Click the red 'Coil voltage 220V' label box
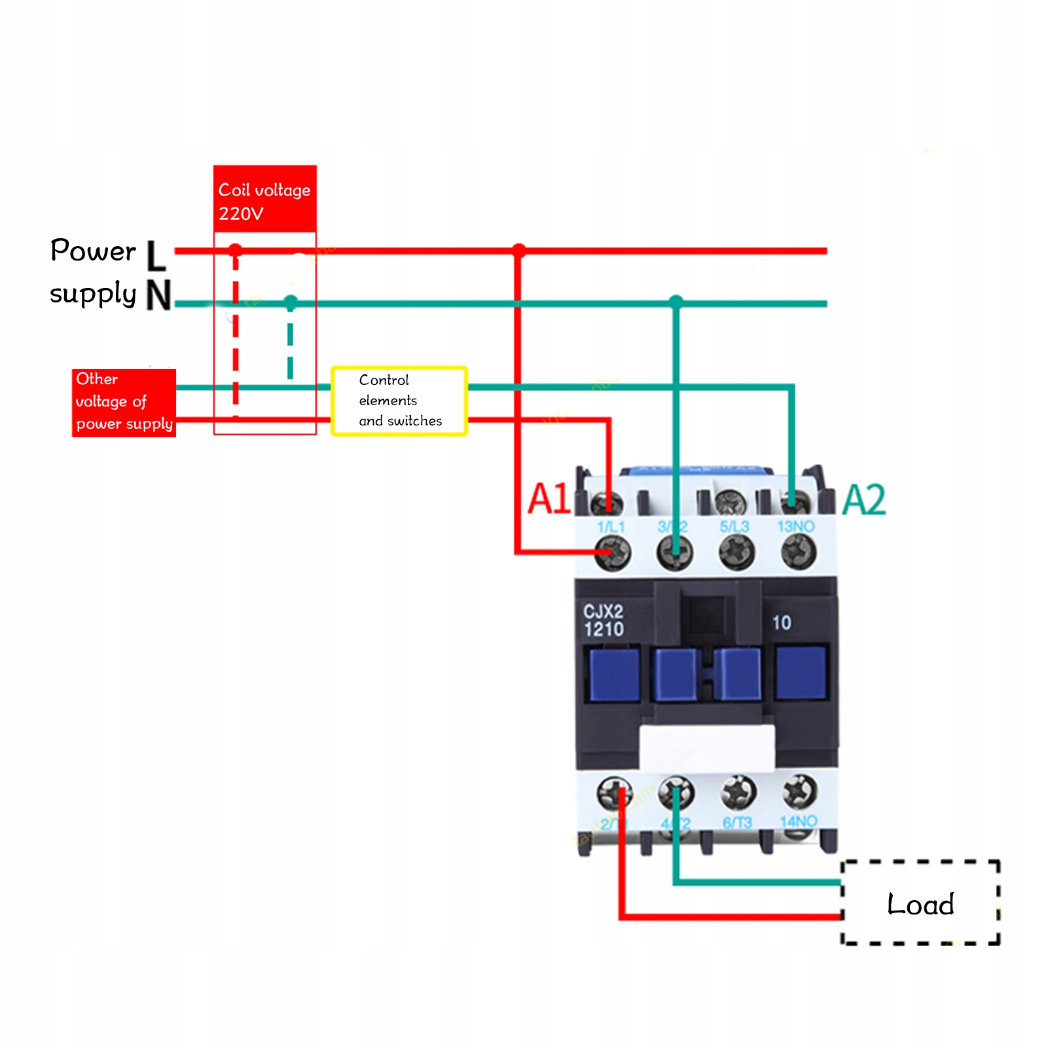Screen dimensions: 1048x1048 (x=264, y=199)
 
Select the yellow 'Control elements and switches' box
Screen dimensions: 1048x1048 (x=399, y=401)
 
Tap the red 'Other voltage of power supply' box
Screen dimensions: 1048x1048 (x=124, y=402)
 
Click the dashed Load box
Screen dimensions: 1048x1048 (x=920, y=903)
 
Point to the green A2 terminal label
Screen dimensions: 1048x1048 (x=864, y=500)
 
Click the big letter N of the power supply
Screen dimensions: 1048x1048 (x=158, y=295)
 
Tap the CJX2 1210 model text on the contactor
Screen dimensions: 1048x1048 (x=603, y=621)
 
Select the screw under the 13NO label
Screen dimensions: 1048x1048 (x=799, y=551)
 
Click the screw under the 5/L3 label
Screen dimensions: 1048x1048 (x=736, y=551)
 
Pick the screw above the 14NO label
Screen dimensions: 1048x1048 (x=799, y=791)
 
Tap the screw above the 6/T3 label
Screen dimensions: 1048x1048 (x=738, y=792)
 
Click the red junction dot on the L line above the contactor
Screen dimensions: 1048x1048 (x=519, y=250)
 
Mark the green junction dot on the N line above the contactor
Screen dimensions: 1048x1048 (x=676, y=302)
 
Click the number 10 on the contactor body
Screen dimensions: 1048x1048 (x=782, y=623)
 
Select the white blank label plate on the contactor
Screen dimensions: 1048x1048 (x=706, y=747)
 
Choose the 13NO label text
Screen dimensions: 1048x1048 (x=796, y=526)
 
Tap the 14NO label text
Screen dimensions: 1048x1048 (x=799, y=822)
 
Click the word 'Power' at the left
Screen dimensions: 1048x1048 (x=93, y=251)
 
